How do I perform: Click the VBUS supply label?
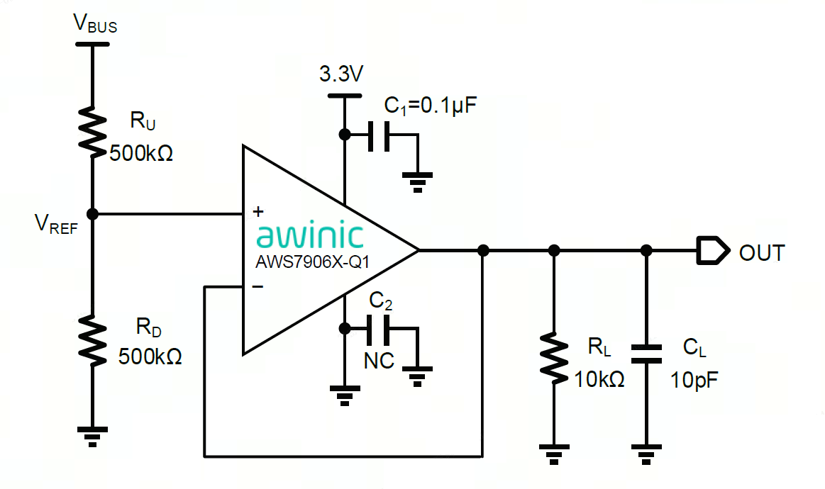point(95,24)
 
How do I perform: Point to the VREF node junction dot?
point(92,213)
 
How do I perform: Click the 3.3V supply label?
point(342,75)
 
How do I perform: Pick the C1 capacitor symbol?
point(378,134)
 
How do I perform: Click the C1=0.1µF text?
point(431,106)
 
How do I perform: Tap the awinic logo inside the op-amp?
point(309,236)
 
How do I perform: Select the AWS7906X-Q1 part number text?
point(313,262)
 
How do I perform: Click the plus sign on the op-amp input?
point(258,211)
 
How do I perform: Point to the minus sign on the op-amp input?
point(258,286)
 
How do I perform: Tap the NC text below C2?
point(379,361)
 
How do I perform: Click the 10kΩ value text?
point(599,379)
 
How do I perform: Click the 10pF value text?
point(694,380)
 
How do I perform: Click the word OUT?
point(762,253)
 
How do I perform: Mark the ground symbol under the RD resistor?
point(92,434)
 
